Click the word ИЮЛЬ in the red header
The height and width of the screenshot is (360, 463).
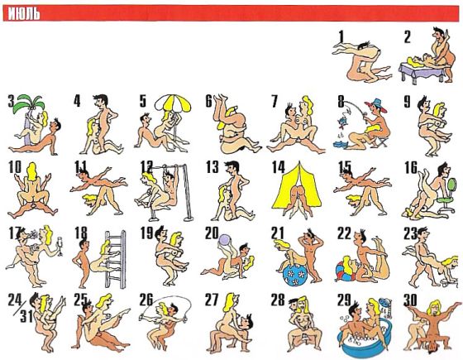(24, 13)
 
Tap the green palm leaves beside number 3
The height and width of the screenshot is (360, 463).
(31, 103)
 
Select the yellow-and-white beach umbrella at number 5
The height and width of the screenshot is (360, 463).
(173, 104)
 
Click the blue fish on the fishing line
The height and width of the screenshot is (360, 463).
(342, 122)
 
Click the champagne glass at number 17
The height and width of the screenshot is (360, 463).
(60, 246)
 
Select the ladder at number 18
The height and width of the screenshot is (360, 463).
(116, 260)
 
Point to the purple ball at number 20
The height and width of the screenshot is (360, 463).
(224, 239)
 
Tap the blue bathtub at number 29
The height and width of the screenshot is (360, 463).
(365, 341)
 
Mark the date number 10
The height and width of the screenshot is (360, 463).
(15, 167)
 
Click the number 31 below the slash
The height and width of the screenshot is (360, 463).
(26, 317)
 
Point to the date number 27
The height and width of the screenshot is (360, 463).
(212, 300)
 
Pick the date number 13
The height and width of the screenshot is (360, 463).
(212, 167)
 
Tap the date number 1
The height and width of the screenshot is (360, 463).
(341, 36)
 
